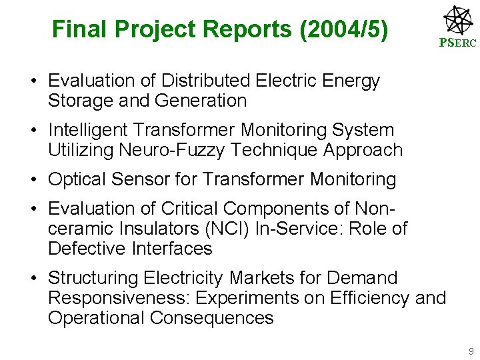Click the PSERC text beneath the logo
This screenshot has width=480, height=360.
[x=457, y=43]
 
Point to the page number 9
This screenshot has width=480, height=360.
[x=471, y=351]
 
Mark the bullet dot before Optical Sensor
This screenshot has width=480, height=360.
[x=33, y=180]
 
